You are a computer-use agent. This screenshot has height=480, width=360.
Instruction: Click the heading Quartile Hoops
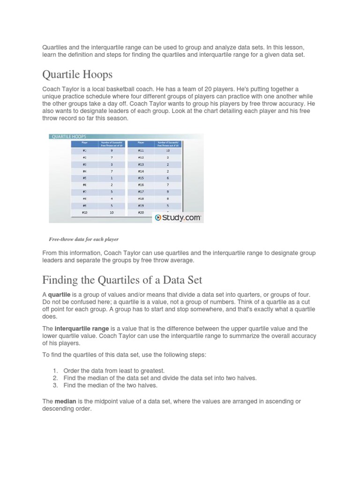click(x=77, y=75)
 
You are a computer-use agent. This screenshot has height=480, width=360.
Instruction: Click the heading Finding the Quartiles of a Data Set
click(x=122, y=280)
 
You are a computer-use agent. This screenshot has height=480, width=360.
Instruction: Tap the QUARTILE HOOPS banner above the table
click(x=68, y=136)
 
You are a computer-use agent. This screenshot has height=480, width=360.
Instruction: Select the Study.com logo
click(x=178, y=217)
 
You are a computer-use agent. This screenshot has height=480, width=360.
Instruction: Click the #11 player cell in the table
click(x=141, y=151)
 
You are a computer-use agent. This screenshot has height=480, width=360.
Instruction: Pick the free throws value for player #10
click(x=111, y=212)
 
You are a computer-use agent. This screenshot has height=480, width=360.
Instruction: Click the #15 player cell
click(x=141, y=178)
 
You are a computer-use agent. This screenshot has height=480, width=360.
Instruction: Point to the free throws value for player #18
click(x=167, y=199)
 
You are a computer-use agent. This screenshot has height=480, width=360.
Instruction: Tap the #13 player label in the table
click(x=141, y=165)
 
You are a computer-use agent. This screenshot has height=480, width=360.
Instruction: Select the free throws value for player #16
click(x=167, y=185)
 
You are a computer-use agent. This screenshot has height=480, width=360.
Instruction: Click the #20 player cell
click(x=141, y=212)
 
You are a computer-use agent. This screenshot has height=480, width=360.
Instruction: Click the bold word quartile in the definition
click(x=60, y=294)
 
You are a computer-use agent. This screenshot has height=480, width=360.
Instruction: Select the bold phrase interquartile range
click(x=82, y=329)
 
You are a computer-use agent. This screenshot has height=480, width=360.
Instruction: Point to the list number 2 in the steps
click(x=55, y=378)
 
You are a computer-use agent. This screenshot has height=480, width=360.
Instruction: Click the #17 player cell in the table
click(x=141, y=192)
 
